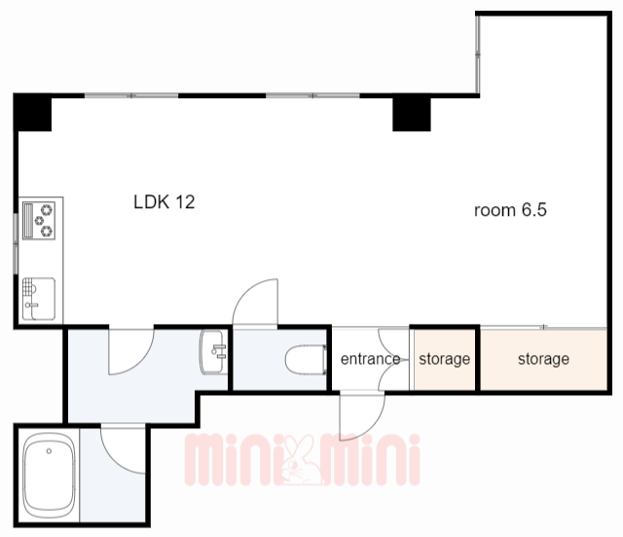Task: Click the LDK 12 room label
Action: coord(165,201)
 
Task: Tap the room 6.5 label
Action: coord(510,210)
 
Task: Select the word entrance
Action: coord(370,359)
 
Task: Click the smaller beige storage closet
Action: coord(445,359)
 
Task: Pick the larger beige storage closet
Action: coord(543,359)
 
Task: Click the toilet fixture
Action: coord(306,360)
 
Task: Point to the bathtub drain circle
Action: coord(49,451)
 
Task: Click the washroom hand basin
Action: coord(214,352)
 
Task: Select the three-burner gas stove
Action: coord(39,221)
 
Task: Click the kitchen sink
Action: coord(39,299)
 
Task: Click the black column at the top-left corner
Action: coord(32,113)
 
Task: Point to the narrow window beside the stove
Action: coord(16,243)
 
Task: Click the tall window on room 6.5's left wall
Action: coord(478,54)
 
